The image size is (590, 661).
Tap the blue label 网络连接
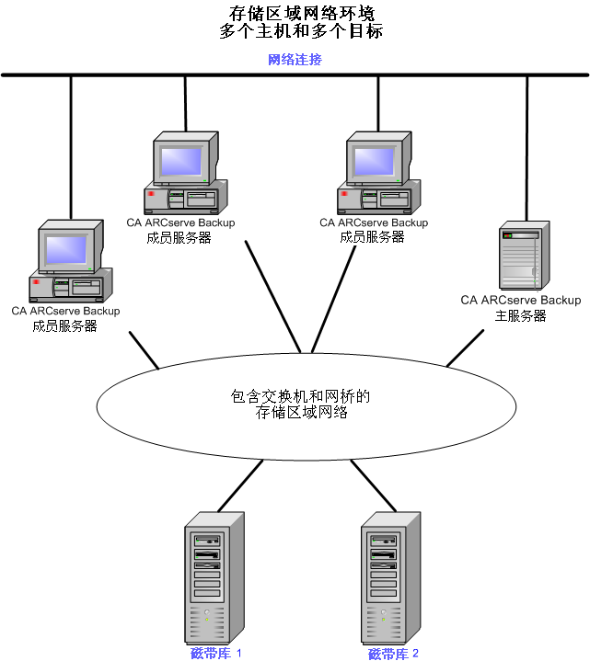[295, 60]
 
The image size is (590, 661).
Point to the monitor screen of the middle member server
[183, 160]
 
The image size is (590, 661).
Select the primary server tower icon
[520, 255]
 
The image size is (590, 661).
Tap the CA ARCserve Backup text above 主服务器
[521, 300]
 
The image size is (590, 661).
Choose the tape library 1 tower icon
[214, 574]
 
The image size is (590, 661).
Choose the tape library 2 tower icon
[390, 574]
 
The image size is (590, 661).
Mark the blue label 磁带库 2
[393, 654]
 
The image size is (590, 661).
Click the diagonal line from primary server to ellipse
[465, 348]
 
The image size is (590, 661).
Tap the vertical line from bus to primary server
[527, 147]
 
